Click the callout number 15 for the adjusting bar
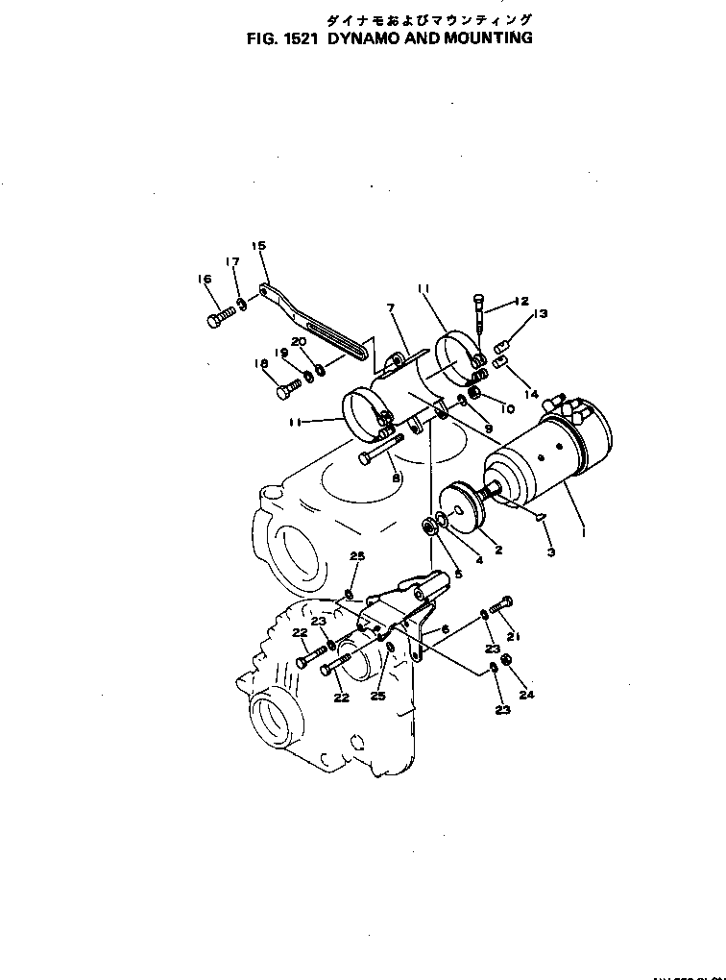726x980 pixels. click(257, 245)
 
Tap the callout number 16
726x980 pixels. click(204, 280)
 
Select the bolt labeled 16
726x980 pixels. click(218, 317)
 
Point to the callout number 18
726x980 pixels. click(261, 363)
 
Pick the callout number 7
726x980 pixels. click(391, 308)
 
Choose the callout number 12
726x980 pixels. click(520, 301)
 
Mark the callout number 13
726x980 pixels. click(540, 314)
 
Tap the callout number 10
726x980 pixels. click(507, 408)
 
